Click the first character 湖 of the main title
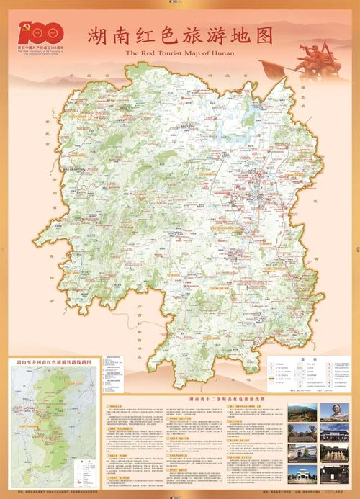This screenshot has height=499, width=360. tap(99, 36)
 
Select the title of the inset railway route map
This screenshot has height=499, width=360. tap(55, 354)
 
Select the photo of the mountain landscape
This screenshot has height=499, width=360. tap(302, 412)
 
